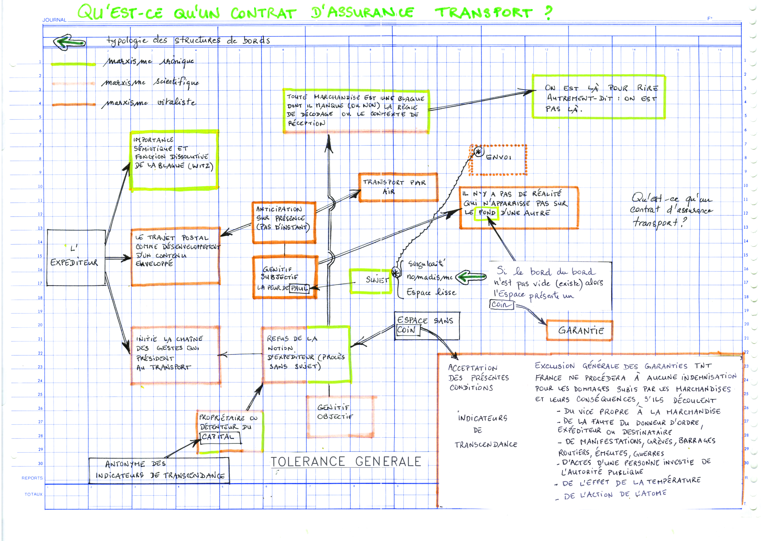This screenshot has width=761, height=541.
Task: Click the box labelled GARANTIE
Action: (579, 330)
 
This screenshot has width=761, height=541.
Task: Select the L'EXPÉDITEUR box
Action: (76, 258)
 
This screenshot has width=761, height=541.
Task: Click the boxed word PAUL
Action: (299, 288)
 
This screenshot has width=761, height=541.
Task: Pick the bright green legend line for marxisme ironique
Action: (73, 64)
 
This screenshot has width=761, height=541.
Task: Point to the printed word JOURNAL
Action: (54, 20)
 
